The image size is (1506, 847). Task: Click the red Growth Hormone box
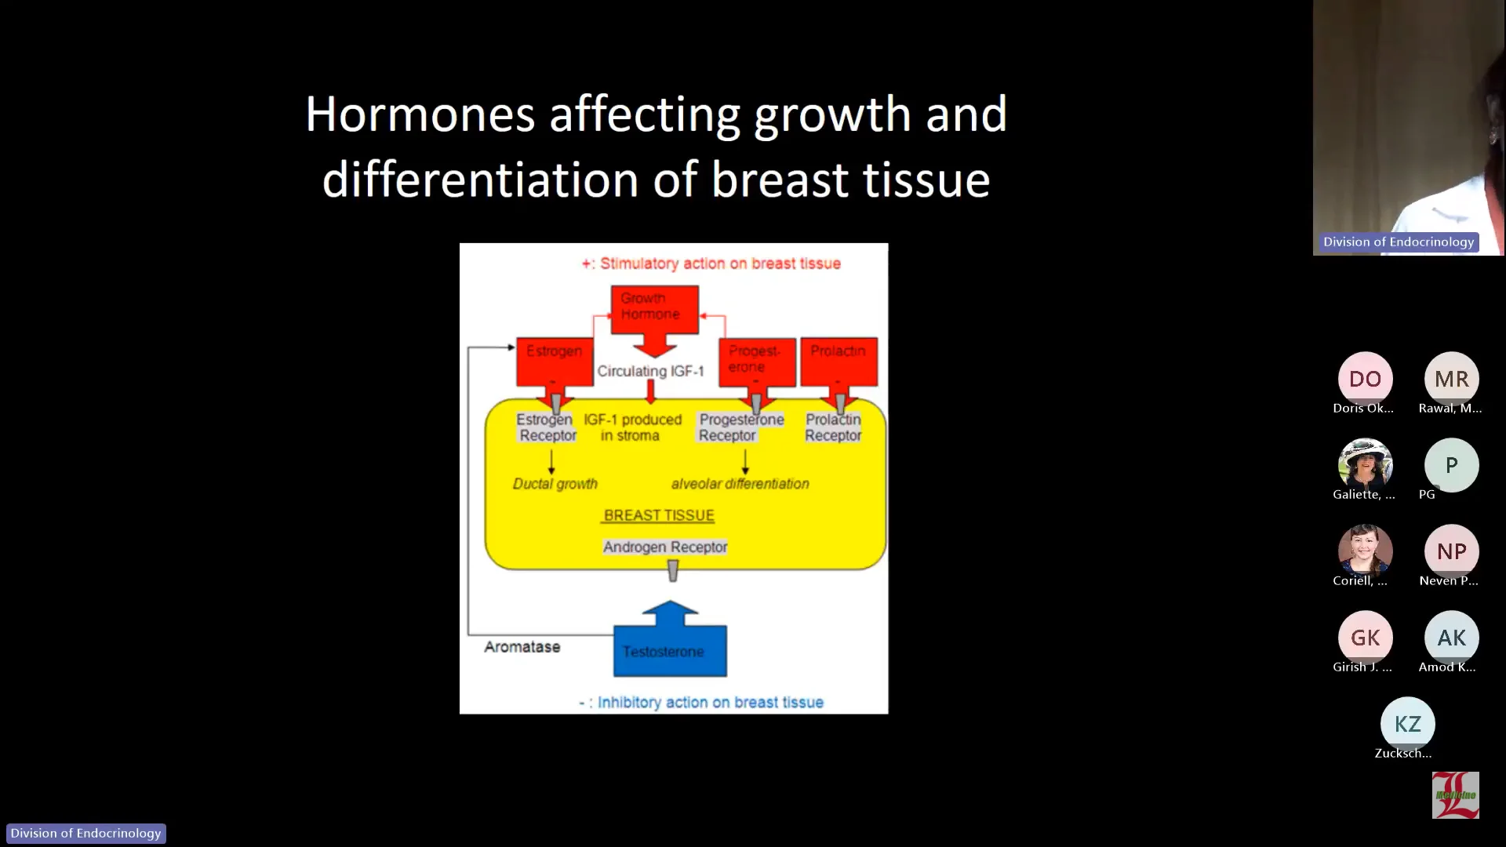(654, 307)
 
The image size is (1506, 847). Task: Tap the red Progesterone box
(756, 360)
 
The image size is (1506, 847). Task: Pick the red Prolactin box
(838, 360)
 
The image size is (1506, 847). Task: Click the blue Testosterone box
(669, 651)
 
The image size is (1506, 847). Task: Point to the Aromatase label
(522, 647)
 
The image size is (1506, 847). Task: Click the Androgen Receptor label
(664, 547)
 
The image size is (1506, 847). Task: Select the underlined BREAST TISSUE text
(659, 515)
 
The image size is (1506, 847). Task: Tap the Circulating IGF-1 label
(650, 371)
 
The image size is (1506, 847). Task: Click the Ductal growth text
(555, 484)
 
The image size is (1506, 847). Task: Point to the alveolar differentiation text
(740, 484)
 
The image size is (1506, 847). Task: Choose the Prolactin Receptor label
(832, 427)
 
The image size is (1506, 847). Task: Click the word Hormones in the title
(420, 115)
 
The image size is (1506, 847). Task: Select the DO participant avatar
(1365, 379)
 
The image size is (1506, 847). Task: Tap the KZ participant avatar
(1407, 724)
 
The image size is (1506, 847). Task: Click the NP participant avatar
(1451, 551)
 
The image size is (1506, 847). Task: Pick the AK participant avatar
(1451, 638)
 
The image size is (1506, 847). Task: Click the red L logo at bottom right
(1455, 795)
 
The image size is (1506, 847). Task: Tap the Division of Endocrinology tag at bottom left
(85, 833)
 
